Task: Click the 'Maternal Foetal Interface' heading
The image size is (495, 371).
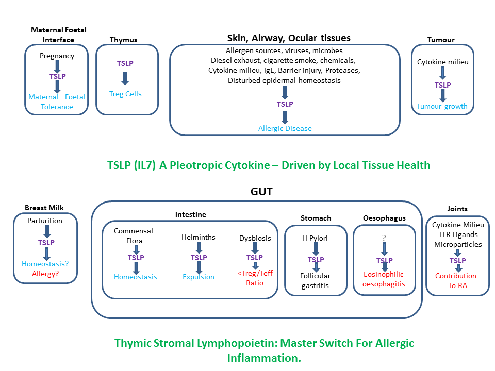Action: [58, 35]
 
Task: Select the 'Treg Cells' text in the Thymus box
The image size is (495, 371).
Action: [125, 94]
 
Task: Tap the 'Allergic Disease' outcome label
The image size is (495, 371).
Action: [285, 128]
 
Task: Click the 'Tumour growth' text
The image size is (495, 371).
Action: [442, 106]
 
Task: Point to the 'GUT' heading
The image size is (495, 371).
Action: [261, 192]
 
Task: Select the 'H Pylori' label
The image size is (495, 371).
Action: [316, 239]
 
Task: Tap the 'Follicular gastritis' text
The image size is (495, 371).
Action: [316, 281]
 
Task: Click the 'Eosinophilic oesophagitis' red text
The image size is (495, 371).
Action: [383, 279]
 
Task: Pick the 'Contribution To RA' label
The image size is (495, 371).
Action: [456, 280]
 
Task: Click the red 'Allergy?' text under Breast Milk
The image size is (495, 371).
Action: [45, 274]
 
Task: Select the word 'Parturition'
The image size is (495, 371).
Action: [45, 221]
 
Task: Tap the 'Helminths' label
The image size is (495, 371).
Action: [199, 237]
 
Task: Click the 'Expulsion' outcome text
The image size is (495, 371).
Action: [199, 277]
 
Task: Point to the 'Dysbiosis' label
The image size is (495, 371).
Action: [255, 238]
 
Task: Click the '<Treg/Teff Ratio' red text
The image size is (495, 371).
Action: [255, 278]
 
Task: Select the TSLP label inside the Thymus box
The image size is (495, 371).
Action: [125, 63]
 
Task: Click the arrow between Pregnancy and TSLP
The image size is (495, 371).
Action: [57, 66]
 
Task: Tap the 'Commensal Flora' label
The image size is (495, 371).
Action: [134, 235]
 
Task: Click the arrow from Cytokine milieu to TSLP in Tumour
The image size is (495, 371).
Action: [442, 72]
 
